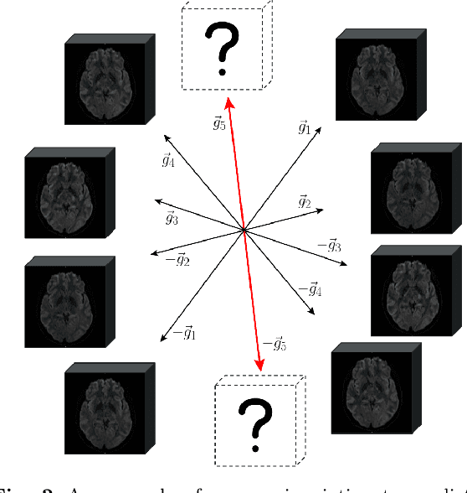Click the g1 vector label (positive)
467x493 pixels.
[x=304, y=128]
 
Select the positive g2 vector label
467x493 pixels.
[x=305, y=202]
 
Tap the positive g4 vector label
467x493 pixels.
[x=168, y=160]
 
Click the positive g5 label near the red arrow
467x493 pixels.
[x=219, y=124]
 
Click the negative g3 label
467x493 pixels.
[x=328, y=245]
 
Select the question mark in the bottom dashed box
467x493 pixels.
[x=255, y=419]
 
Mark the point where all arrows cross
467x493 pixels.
[x=244, y=229]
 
